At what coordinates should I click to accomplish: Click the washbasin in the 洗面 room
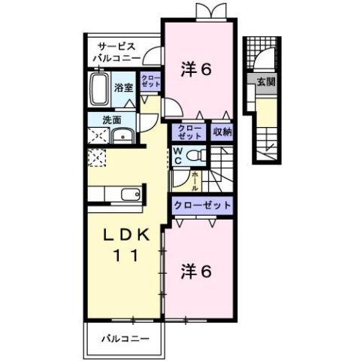pyautogui.click(x=121, y=136)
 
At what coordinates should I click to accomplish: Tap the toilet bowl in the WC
pyautogui.click(x=197, y=155)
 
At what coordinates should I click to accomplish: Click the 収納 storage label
pyautogui.click(x=221, y=133)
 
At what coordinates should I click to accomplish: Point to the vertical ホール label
pyautogui.click(x=195, y=180)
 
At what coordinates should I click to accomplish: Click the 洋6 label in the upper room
pyautogui.click(x=196, y=68)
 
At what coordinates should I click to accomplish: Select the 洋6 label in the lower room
pyautogui.click(x=196, y=272)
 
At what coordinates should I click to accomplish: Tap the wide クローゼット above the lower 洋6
pyautogui.click(x=201, y=205)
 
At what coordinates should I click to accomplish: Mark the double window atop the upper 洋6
pyautogui.click(x=207, y=11)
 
